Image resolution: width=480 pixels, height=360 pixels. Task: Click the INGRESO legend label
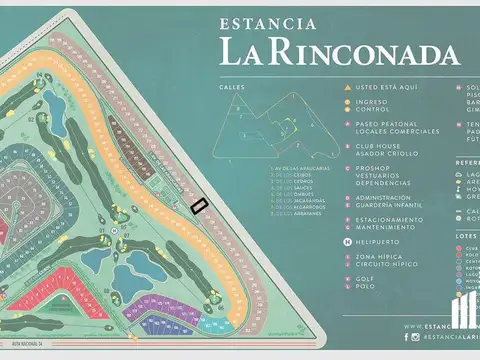[x=371, y=100]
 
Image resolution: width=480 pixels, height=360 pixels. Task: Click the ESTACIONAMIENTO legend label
[x=390, y=220]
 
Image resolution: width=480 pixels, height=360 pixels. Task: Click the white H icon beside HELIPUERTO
[x=346, y=240]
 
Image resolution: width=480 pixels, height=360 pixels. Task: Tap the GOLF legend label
[x=365, y=279]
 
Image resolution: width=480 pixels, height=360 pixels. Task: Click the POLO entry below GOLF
[x=365, y=286]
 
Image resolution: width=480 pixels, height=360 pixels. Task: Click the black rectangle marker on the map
[x=198, y=205]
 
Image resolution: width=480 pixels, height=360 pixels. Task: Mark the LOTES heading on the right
[x=466, y=236]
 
